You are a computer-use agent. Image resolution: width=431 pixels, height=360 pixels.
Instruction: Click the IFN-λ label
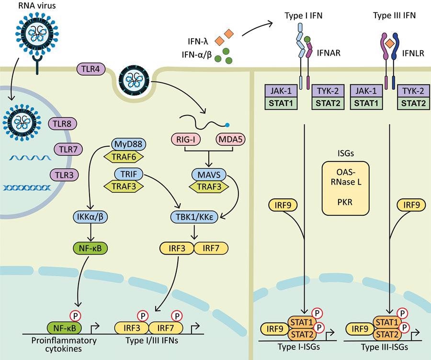point(198,34)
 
